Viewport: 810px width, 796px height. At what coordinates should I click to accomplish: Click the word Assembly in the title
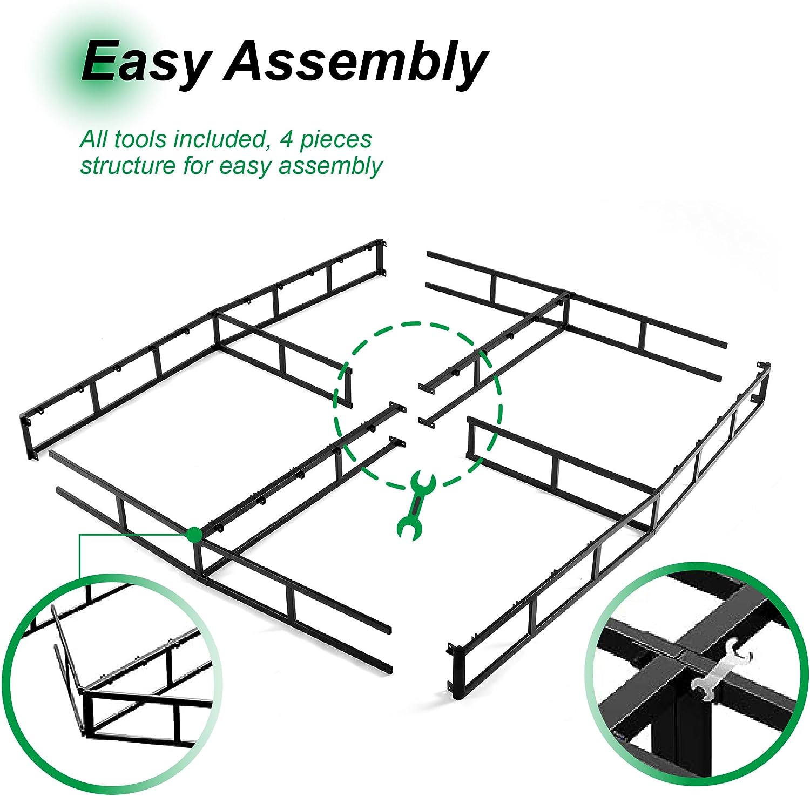click(356, 62)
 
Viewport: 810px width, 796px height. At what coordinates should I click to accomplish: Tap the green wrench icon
click(415, 505)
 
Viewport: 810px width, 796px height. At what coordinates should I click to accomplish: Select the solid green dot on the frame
click(194, 535)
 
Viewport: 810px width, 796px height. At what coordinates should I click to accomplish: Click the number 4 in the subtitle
click(286, 139)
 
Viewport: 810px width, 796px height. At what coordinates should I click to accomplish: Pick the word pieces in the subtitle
click(336, 139)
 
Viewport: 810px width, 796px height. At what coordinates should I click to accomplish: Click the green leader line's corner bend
click(79, 535)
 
